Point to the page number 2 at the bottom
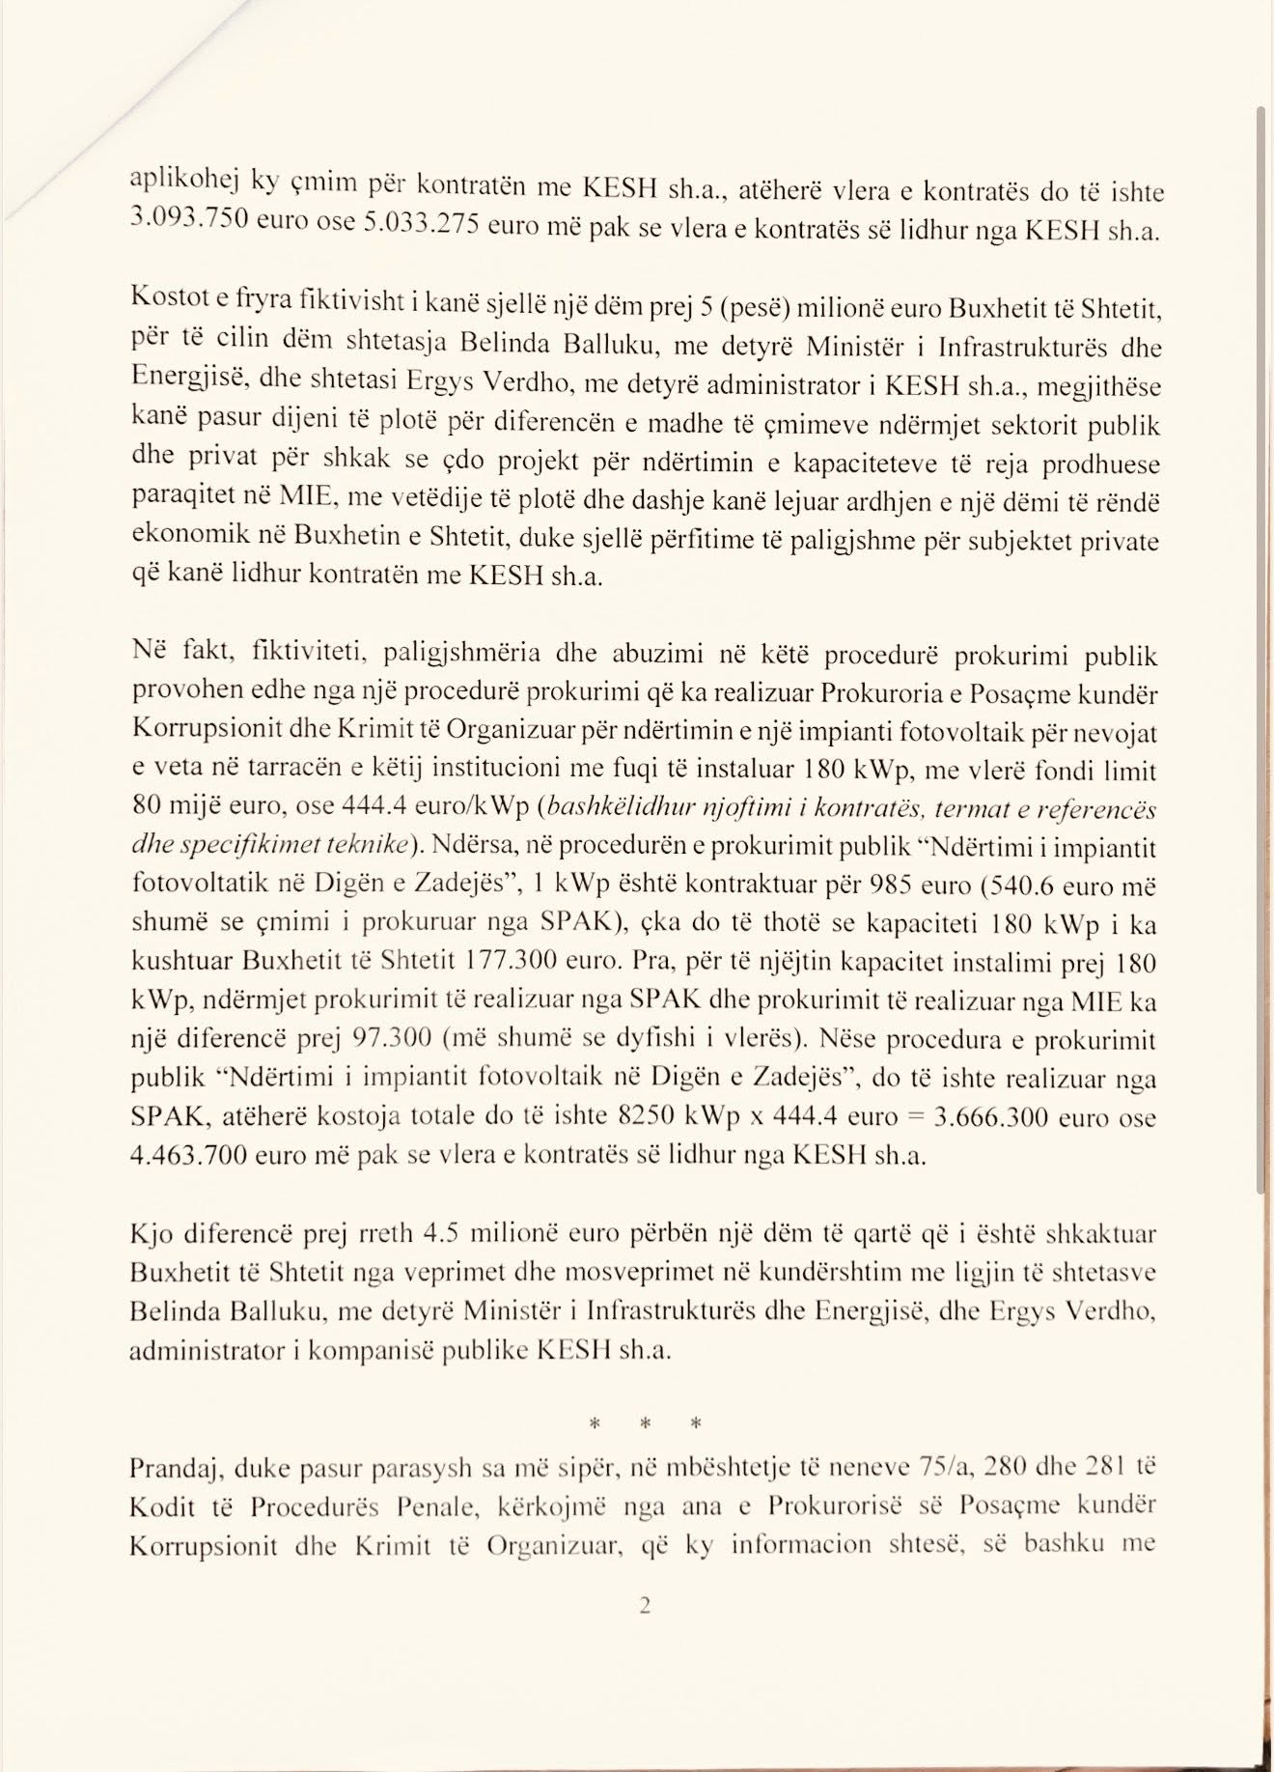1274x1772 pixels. click(x=645, y=1606)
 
